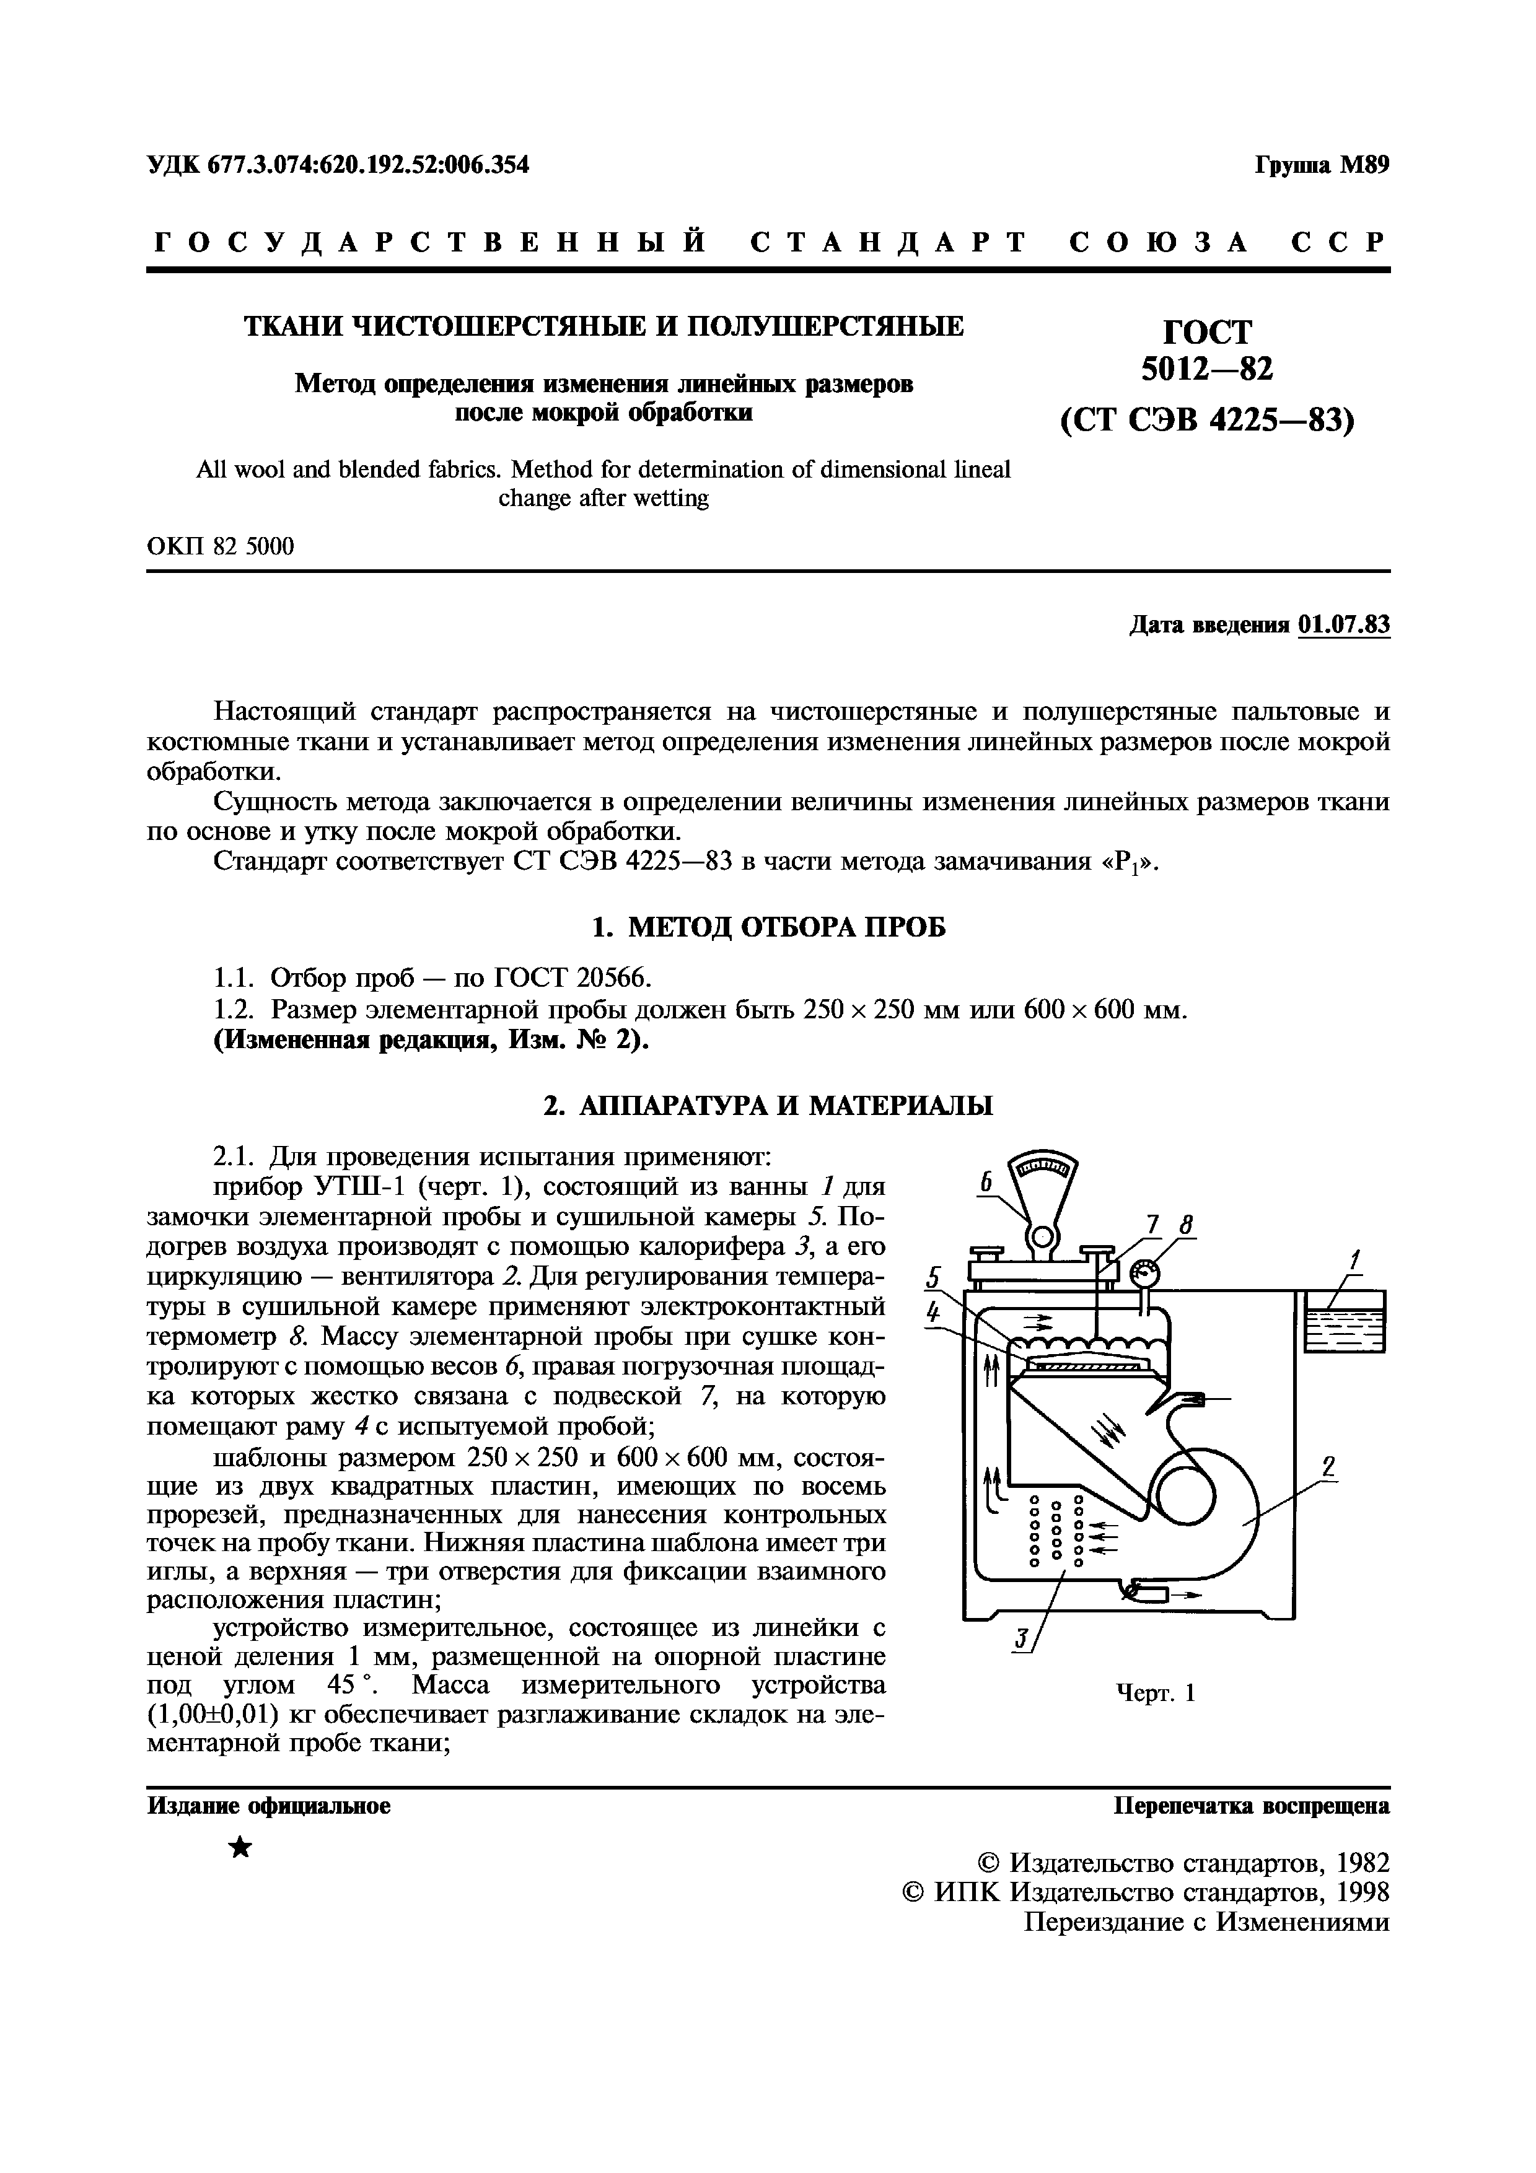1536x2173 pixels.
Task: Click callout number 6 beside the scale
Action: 985,1183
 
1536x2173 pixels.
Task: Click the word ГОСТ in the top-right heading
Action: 1206,331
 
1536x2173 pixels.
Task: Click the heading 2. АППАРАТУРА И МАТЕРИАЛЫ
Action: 768,1106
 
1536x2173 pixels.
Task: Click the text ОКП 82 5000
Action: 221,546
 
